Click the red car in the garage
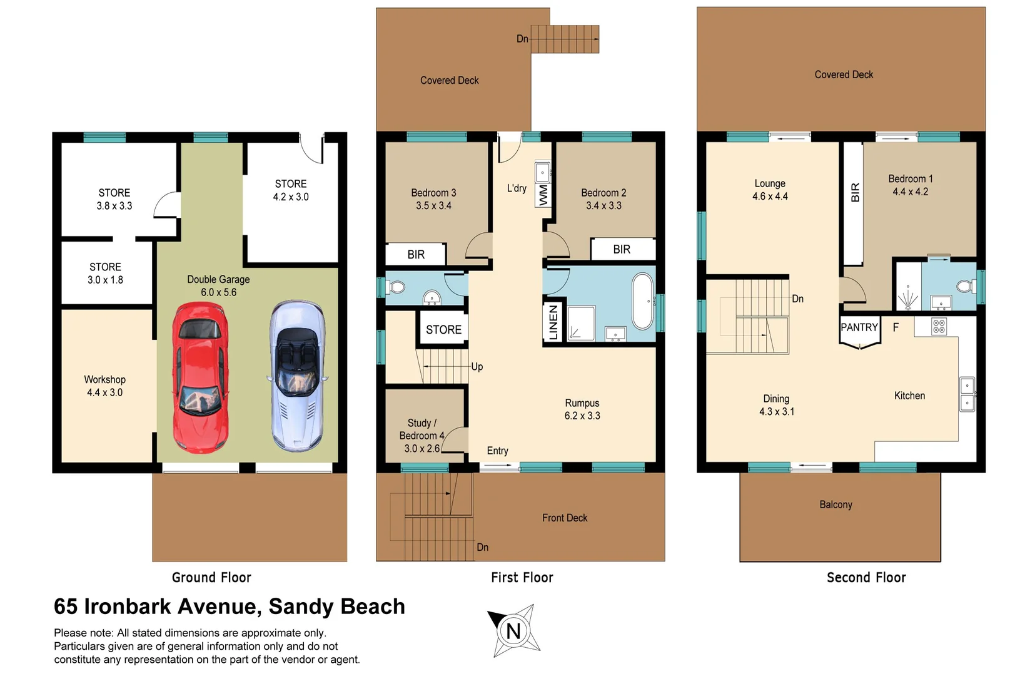click(x=200, y=377)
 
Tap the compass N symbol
click(x=513, y=630)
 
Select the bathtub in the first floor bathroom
click(x=642, y=301)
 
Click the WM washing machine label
click(x=543, y=195)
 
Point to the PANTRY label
click(x=859, y=327)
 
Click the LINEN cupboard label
click(x=553, y=322)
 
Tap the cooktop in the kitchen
click(x=939, y=326)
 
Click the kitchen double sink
click(x=966, y=394)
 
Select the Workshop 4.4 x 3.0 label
click(x=105, y=386)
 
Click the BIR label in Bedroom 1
click(x=855, y=193)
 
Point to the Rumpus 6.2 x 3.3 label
click(x=582, y=409)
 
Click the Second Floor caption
click(x=866, y=578)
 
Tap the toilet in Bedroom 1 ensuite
click(x=966, y=287)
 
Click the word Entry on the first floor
click(x=498, y=451)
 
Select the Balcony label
click(x=836, y=504)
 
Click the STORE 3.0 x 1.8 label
click(x=105, y=274)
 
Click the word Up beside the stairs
click(x=477, y=367)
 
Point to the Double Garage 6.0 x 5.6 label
click(x=218, y=285)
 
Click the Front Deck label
click(x=565, y=518)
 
